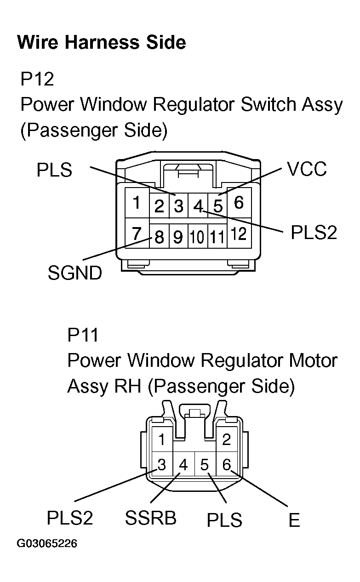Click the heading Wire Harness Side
coord(101,43)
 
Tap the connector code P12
coord(37,79)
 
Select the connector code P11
coord(83,335)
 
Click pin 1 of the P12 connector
coord(136,203)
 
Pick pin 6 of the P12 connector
coord(239,202)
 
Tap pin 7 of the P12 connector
coord(136,234)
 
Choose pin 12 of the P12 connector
coord(239,234)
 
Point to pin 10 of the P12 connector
coord(197,237)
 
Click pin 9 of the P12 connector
coord(178,237)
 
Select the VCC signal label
coord(307,169)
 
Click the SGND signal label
coord(74,274)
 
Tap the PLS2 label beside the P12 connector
coord(314,233)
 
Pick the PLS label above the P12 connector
coord(55,170)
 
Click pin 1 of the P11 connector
coord(161,440)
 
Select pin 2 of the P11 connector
coord(226,440)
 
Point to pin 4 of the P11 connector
coord(183,465)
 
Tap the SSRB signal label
coord(150,518)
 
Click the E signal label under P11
coord(294,520)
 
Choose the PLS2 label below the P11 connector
coord(70,518)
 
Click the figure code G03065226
coord(47,544)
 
